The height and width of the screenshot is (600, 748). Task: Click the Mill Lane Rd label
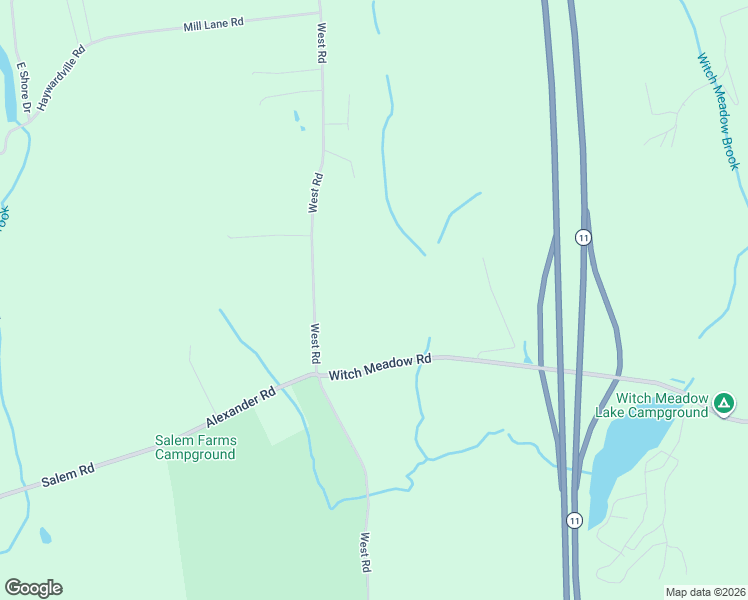pos(214,24)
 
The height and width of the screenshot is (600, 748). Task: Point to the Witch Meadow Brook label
pos(718,111)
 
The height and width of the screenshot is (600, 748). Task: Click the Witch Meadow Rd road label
pos(380,366)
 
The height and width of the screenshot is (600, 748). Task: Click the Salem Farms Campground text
pos(196,447)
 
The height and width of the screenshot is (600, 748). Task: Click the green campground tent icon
pos(724,405)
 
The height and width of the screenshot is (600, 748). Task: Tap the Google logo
pos(33,588)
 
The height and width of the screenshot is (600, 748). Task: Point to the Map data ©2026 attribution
pos(704,591)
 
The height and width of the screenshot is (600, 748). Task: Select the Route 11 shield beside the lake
pos(574,521)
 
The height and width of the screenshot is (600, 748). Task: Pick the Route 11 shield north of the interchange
pos(583,237)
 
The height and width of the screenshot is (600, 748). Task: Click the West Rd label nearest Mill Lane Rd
pos(321,45)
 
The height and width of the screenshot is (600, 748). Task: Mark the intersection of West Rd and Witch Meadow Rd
pos(316,376)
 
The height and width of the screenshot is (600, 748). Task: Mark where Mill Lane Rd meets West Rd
pos(320,15)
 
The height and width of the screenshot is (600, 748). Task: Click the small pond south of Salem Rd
pos(45,536)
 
